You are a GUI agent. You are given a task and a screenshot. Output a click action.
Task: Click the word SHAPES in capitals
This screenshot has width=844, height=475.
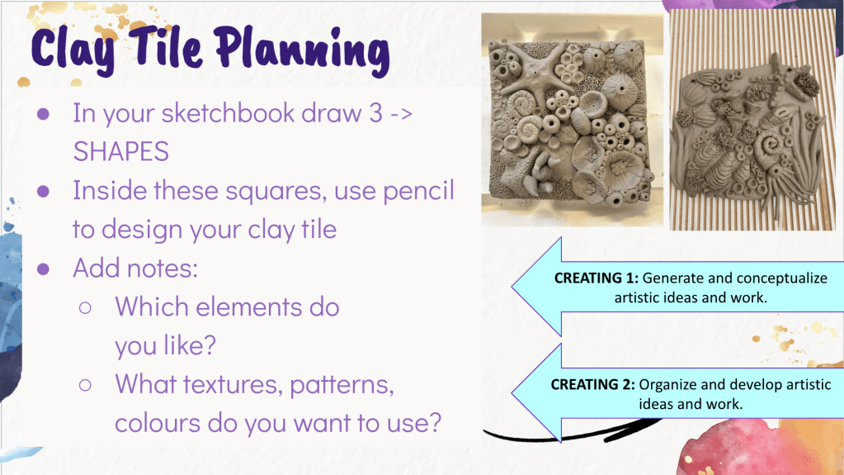pos(121,151)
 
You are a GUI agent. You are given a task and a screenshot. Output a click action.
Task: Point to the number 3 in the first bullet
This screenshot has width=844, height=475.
pos(375,113)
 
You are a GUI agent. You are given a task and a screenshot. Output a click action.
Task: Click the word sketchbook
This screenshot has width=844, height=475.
pos(229,112)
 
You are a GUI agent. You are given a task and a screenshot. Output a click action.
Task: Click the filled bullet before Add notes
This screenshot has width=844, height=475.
pos(43,269)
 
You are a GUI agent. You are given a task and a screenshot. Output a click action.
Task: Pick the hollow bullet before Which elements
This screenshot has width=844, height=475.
pos(85,308)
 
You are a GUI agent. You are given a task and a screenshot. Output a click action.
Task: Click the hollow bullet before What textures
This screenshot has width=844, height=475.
pos(85,385)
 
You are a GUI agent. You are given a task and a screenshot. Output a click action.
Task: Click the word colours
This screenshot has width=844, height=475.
pos(158,423)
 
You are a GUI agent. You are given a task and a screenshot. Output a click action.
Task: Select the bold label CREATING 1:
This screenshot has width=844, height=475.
pos(596,278)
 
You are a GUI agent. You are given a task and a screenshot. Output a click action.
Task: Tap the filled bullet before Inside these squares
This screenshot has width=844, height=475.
pos(43,192)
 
